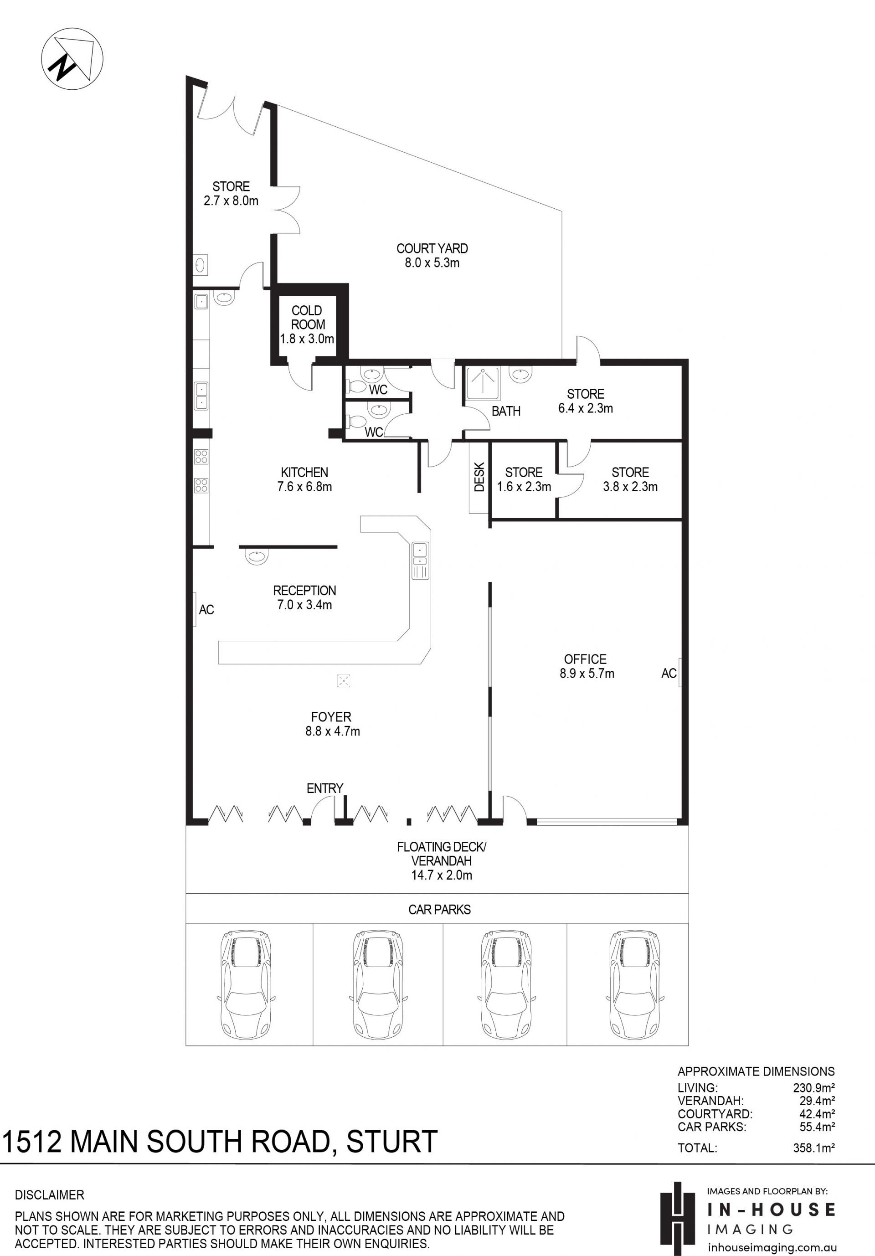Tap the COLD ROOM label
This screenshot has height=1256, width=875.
[307, 317]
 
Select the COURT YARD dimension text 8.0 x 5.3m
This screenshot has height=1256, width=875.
[432, 263]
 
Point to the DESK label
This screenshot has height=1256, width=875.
[479, 477]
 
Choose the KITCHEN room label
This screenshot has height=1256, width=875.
[304, 472]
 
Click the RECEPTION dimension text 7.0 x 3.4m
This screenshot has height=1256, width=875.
[304, 604]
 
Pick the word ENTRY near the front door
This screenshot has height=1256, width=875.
[325, 788]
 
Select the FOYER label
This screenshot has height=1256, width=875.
[331, 716]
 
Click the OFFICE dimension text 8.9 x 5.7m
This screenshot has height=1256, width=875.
[587, 674]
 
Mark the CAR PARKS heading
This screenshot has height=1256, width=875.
[440, 909]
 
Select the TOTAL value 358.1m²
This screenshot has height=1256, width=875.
[814, 1148]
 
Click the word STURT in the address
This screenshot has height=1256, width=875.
[391, 1141]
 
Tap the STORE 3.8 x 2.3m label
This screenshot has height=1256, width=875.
[630, 479]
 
